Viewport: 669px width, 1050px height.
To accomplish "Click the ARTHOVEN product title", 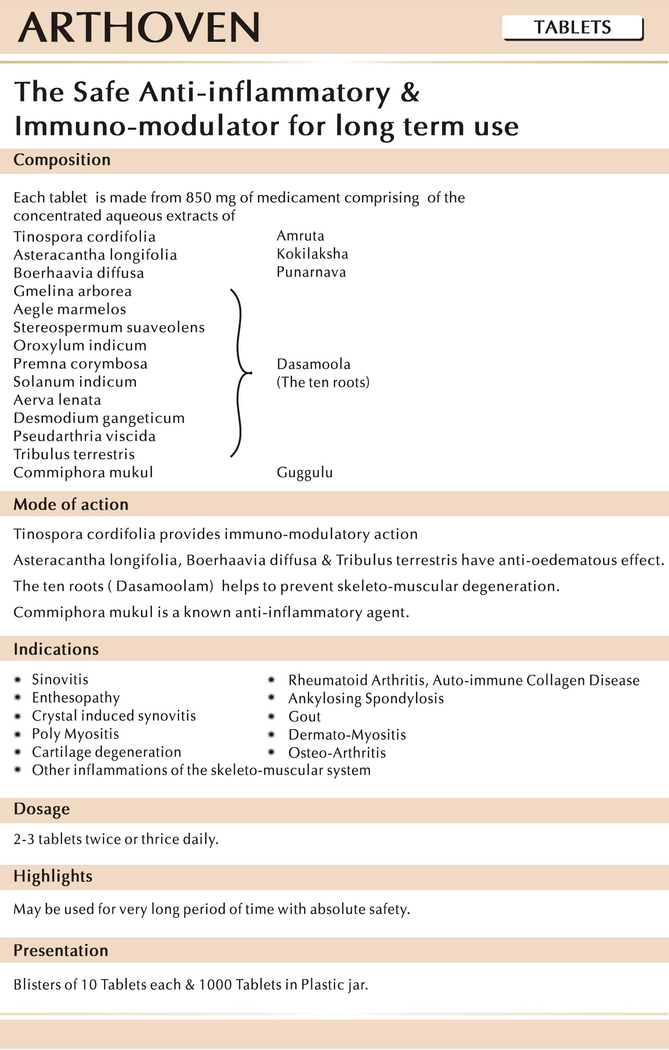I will click(x=139, y=28).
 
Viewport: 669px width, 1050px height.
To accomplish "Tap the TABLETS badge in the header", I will click(x=572, y=28).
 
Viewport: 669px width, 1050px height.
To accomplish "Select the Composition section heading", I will click(x=62, y=160).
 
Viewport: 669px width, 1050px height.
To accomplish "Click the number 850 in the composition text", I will click(x=199, y=198).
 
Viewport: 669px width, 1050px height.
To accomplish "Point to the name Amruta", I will click(x=300, y=236).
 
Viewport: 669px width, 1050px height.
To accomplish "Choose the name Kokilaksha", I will click(x=312, y=254).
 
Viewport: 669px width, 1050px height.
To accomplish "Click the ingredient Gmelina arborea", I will click(x=73, y=291).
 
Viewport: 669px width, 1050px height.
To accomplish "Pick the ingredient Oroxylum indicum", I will click(x=80, y=346).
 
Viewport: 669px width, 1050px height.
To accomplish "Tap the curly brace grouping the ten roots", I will click(x=240, y=373).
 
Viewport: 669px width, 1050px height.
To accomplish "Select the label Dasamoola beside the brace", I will click(x=314, y=364).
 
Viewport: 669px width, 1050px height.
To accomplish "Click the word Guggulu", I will click(x=305, y=473).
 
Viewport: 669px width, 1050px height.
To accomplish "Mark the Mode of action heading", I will click(x=71, y=504).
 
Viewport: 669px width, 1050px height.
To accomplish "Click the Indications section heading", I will click(x=56, y=649).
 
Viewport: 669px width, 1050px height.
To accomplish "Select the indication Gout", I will click(x=305, y=717).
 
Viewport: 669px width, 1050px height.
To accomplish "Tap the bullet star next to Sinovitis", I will click(x=18, y=679).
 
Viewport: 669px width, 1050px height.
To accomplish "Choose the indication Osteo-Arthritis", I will click(x=337, y=753).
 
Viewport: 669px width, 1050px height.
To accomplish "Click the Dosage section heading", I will click(x=42, y=809).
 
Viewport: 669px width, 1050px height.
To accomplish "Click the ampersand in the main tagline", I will click(x=409, y=92).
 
